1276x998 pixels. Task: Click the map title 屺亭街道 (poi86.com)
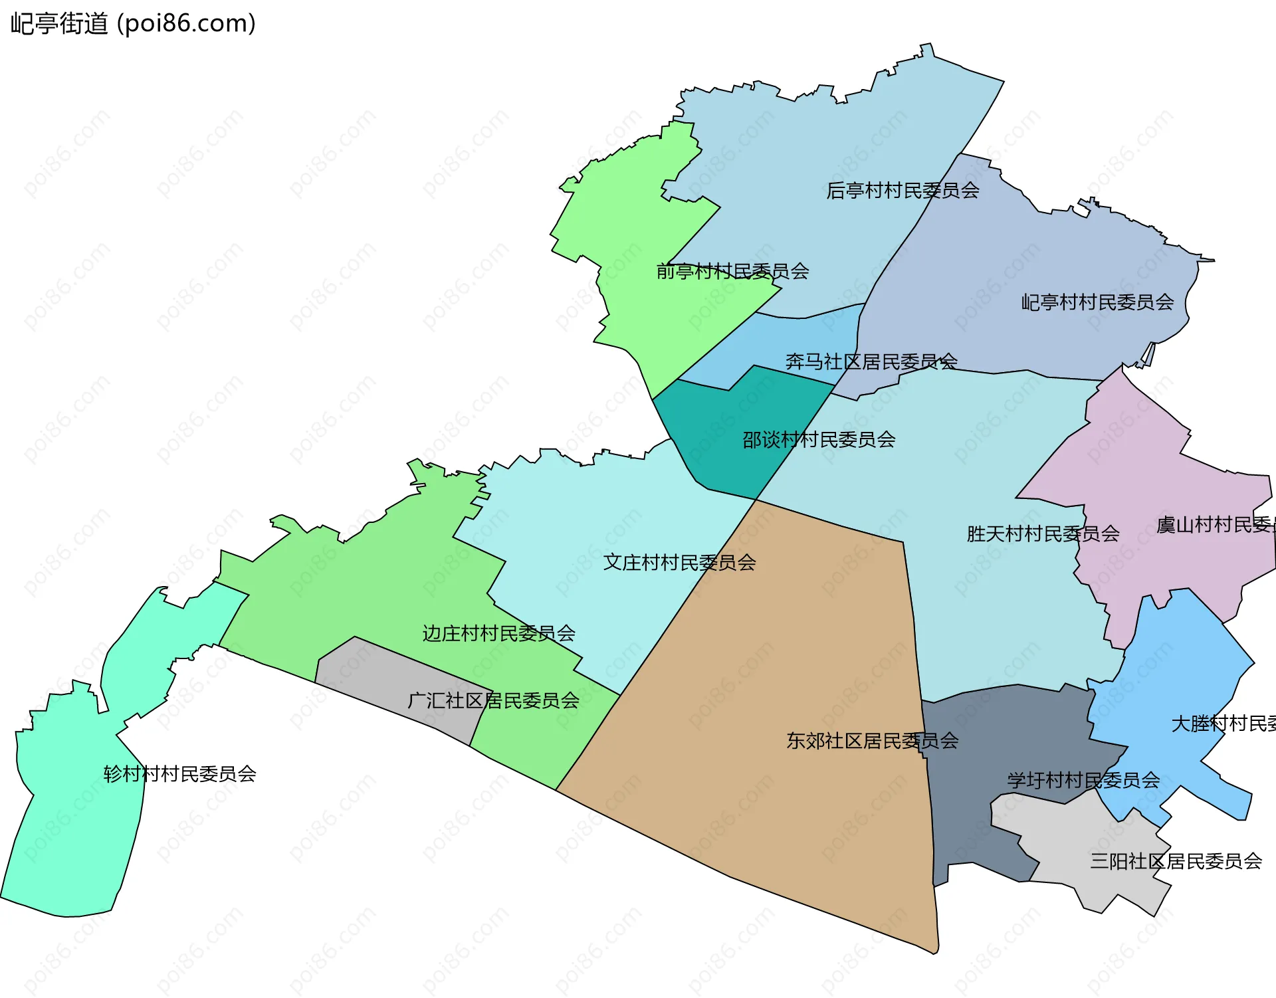tap(133, 24)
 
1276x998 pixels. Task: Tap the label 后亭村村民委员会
tap(902, 191)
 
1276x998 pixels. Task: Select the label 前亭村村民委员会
tap(732, 271)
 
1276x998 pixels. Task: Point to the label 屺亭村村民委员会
tap(1097, 302)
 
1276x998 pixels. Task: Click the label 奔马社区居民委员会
tap(871, 361)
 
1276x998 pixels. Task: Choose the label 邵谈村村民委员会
tap(818, 440)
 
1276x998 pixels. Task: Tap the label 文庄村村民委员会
tap(679, 563)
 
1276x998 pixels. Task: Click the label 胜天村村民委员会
tap(1042, 534)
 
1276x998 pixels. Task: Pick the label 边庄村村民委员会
tap(498, 633)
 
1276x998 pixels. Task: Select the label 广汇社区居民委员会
tap(492, 700)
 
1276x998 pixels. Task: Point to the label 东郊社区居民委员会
tap(871, 741)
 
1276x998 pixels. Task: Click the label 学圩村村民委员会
tap(1083, 780)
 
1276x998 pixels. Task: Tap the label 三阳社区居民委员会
tap(1175, 861)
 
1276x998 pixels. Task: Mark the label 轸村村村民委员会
tap(179, 774)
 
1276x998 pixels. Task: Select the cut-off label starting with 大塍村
tap(1222, 724)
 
